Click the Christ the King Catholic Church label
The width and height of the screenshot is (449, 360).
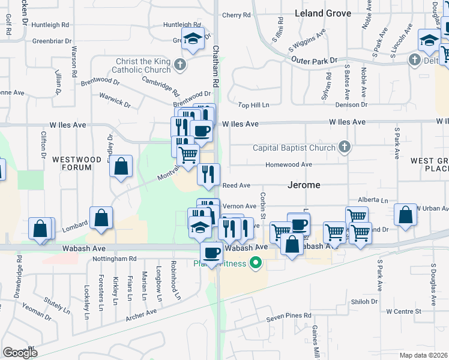pos(137,65)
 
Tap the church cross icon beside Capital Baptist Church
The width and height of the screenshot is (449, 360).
pos(345,147)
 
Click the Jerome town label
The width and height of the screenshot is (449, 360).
pos(303,185)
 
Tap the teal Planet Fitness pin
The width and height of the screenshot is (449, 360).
pos(256,263)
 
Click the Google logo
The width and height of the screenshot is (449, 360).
pos(20,352)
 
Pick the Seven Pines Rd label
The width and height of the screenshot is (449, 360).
pos(290,316)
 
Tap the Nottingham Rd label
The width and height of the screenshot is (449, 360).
pos(115,259)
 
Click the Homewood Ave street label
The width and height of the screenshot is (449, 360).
pos(289,164)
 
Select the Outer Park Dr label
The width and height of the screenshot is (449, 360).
pos(315,61)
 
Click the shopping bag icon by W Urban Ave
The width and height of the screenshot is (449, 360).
pos(406,215)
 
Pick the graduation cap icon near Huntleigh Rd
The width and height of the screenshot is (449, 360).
pos(193,39)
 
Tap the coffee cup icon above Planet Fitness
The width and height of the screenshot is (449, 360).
pos(211,253)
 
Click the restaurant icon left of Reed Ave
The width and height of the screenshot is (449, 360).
pos(208,175)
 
